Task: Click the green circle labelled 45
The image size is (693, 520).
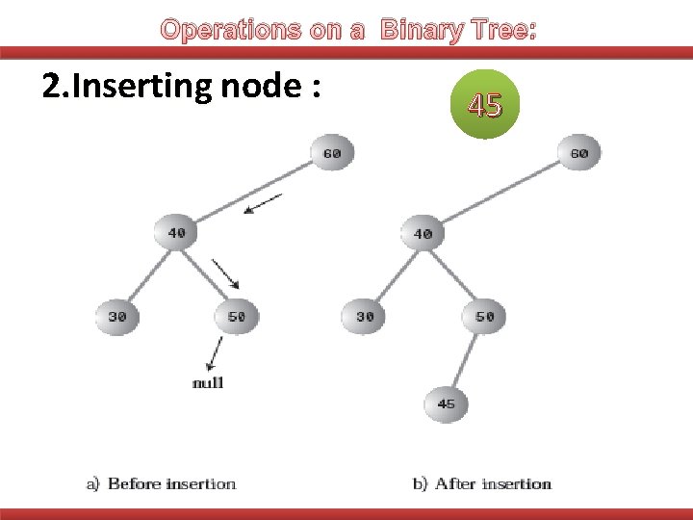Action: point(485,105)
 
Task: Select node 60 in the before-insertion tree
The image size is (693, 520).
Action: point(332,153)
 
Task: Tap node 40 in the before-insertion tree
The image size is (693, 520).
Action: point(176,233)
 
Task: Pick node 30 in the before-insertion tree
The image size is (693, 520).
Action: point(115,316)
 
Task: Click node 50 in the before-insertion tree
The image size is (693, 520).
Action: point(237,316)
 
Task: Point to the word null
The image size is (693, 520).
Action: point(208,383)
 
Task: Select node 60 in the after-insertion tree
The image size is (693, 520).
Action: point(578,153)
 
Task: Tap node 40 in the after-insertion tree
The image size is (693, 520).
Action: point(423,233)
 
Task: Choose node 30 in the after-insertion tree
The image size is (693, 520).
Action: point(364,316)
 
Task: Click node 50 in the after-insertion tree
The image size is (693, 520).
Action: point(484,316)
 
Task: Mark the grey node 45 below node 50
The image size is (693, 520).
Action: point(446,404)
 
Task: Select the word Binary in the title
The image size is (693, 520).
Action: point(421,31)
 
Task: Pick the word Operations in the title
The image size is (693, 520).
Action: point(232,31)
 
